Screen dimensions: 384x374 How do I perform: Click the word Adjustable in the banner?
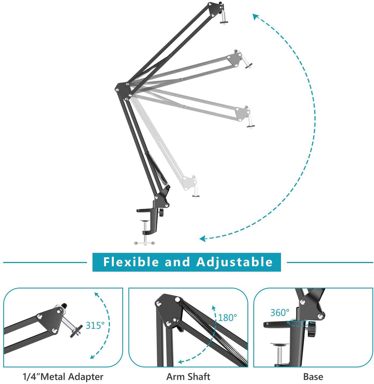(x=235, y=262)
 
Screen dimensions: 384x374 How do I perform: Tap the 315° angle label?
(x=95, y=325)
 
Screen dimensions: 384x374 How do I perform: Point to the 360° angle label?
(x=279, y=312)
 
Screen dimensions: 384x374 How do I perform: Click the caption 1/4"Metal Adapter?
(x=63, y=376)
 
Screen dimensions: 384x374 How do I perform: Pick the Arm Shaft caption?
(x=188, y=376)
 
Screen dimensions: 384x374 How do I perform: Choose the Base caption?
(x=313, y=376)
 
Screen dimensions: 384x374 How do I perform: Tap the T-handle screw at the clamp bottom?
(x=144, y=242)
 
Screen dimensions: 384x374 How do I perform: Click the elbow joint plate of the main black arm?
(x=121, y=89)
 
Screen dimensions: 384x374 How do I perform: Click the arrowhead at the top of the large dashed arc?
(x=256, y=16)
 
